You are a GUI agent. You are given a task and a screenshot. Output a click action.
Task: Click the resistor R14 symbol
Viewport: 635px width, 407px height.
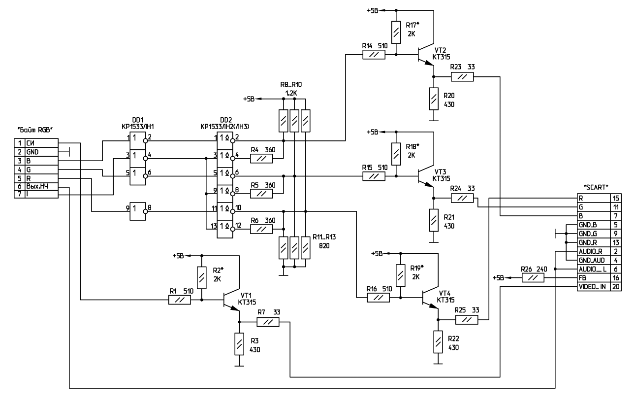[x=374, y=55]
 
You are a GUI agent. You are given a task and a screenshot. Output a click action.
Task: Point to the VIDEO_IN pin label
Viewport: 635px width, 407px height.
[x=593, y=287]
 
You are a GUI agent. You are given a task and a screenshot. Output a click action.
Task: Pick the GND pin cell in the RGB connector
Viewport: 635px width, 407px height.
[x=32, y=152]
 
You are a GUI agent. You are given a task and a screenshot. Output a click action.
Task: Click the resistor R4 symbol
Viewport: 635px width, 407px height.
[x=262, y=159]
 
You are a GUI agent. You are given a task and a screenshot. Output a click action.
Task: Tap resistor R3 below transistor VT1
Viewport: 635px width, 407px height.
[x=239, y=344]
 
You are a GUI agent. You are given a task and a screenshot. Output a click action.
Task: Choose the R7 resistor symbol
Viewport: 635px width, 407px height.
[x=267, y=322]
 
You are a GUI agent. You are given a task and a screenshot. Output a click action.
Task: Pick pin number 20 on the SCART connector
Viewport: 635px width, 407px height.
[x=616, y=287]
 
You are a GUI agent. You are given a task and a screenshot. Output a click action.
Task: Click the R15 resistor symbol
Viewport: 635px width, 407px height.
[x=374, y=176]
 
